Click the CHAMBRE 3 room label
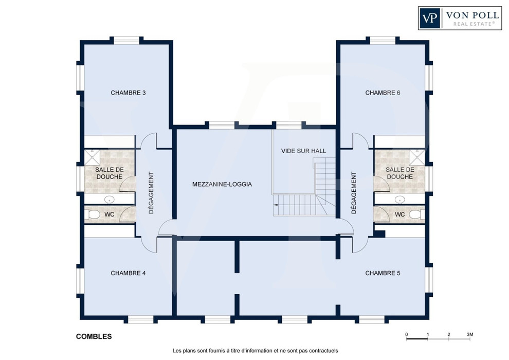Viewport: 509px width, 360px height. point(128,93)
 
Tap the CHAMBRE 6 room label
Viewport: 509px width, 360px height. point(383,93)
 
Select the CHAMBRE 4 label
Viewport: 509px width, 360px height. point(128,273)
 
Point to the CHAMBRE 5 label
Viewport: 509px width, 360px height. point(383,273)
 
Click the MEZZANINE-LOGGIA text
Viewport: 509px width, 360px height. point(222,185)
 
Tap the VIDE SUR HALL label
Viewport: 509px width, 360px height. point(303,151)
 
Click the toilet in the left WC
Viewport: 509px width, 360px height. point(93,214)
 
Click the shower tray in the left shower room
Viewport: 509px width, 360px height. point(93,157)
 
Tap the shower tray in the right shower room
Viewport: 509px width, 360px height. point(417,157)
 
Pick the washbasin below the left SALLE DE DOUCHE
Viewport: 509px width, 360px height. point(110,200)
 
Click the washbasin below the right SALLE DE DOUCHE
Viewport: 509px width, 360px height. point(400,200)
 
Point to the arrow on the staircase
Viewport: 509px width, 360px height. point(276,205)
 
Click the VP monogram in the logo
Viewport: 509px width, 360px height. point(430,18)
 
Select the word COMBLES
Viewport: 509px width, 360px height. point(94,337)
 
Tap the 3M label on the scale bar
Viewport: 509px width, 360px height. point(470,334)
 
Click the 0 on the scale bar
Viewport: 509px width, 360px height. point(406,334)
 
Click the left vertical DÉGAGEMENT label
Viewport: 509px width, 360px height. point(151,193)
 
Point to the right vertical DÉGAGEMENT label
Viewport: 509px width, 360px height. point(354,193)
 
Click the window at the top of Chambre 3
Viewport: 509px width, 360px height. point(126,40)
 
